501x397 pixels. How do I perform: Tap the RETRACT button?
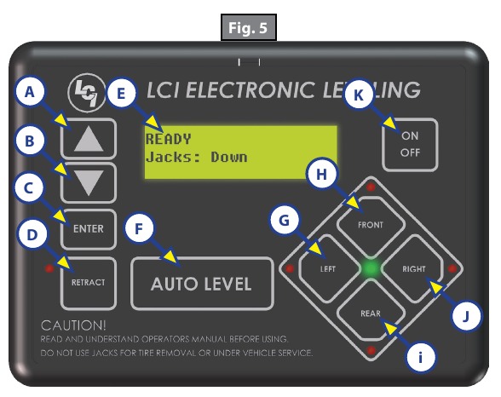[89, 283]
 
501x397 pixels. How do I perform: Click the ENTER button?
[89, 229]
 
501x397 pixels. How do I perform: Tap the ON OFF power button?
[410, 145]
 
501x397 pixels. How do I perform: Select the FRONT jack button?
[371, 225]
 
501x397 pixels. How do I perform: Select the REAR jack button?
[371, 313]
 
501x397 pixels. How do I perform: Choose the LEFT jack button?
[328, 269]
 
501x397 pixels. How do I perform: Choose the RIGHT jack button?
[413, 269]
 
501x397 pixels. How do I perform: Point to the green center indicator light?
[371, 269]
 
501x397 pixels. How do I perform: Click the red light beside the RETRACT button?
[49, 268]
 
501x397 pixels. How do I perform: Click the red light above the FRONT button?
[371, 187]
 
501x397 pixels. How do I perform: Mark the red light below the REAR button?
[371, 351]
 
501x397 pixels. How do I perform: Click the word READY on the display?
[168, 139]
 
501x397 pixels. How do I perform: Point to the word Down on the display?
[229, 157]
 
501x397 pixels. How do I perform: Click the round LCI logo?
[87, 92]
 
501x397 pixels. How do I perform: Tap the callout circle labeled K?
[359, 95]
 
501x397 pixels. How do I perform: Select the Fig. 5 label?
[248, 27]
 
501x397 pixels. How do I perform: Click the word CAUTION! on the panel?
[73, 325]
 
